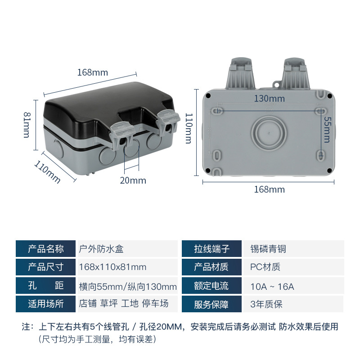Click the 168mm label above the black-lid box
click(93, 72)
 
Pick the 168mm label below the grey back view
click(270, 189)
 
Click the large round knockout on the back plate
click(267, 133)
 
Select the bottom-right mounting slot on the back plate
click(320, 154)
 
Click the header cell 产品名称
click(45, 249)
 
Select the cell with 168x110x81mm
click(112, 267)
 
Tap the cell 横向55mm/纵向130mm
click(128, 286)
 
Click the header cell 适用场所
click(45, 304)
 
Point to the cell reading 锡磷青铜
click(268, 249)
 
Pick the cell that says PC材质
click(265, 267)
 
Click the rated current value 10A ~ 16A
click(272, 286)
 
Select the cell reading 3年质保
click(266, 304)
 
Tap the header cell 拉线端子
click(211, 249)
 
